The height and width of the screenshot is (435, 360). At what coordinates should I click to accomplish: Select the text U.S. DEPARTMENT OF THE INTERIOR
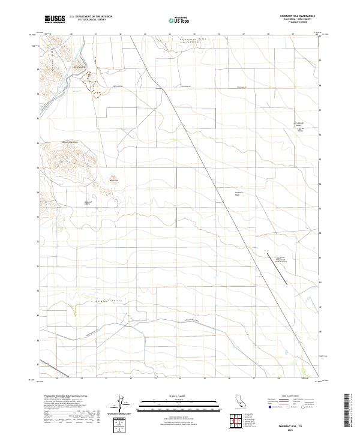click(x=91, y=17)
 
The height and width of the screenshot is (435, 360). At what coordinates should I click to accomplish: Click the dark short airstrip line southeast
click(x=277, y=268)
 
